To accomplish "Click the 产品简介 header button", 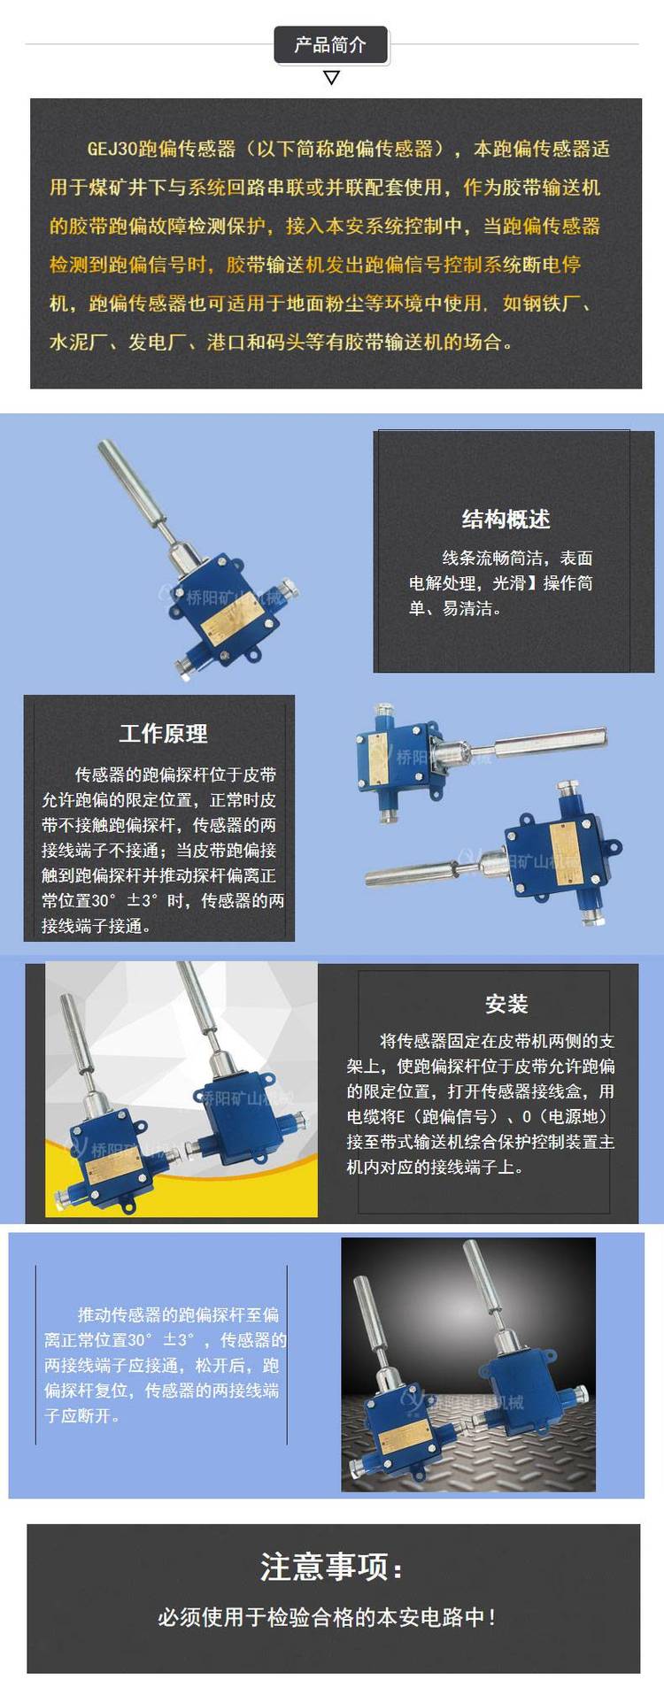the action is tap(330, 44).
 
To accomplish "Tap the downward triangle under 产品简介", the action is tap(331, 78).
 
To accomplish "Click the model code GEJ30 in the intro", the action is tap(113, 149).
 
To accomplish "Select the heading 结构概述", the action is tap(506, 519).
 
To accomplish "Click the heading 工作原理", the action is tap(163, 733).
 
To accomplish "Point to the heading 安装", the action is tap(506, 1003).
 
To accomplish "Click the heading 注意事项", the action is tap(332, 1567).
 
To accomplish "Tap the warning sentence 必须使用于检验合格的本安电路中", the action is tap(327, 1616).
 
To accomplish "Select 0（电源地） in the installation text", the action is tap(565, 1116).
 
